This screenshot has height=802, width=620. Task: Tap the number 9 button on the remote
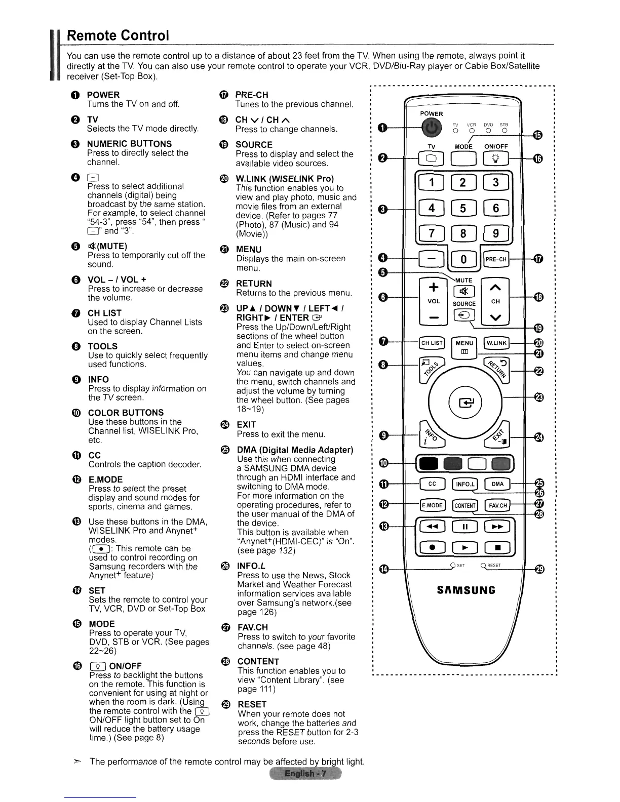pos(496,234)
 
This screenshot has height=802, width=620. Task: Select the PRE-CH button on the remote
pos(496,260)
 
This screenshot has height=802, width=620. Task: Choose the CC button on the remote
pos(432,484)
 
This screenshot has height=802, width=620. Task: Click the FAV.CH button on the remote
pos(497,505)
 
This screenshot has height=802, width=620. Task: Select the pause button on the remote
pos(464,527)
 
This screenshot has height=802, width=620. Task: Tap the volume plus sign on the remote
pos(433,288)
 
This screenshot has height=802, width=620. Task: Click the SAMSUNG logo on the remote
pos(465,590)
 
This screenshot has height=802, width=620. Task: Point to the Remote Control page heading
pos(118,35)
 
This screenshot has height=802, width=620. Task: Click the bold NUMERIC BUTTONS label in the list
pos(129,144)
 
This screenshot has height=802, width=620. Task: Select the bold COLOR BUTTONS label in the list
pos(126,413)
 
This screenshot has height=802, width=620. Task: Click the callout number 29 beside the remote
pos(540,570)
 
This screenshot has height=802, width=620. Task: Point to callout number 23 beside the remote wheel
pos(540,397)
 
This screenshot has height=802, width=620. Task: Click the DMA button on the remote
pos(497,484)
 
